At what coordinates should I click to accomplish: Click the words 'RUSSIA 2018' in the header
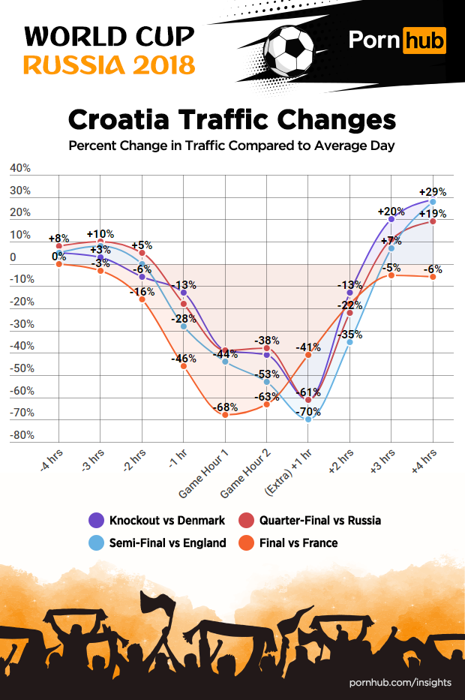(x=109, y=65)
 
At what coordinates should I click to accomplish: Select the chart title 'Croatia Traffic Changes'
(x=232, y=119)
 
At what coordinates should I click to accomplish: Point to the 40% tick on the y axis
(x=20, y=169)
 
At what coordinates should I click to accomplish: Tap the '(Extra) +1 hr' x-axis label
(x=287, y=480)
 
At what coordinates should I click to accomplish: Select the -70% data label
(x=309, y=411)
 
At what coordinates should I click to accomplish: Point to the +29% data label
(x=433, y=192)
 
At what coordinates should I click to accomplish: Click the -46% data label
(x=184, y=359)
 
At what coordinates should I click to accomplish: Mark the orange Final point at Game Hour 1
(x=226, y=415)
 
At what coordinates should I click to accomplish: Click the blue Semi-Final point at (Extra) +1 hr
(x=308, y=419)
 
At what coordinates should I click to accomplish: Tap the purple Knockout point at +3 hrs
(x=391, y=219)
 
